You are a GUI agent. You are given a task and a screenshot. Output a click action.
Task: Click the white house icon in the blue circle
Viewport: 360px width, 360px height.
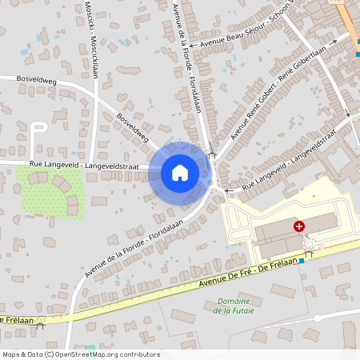(179, 172)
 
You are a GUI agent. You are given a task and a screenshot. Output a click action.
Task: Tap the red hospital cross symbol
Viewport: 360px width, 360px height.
(299, 227)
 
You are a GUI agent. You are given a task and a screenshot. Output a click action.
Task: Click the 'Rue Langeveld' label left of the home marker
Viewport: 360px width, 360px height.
(83, 165)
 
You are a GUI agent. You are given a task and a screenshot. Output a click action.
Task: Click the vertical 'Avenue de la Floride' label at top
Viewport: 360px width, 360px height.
(186, 60)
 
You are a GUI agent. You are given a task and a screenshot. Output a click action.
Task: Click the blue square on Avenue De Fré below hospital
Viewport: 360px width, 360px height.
(302, 261)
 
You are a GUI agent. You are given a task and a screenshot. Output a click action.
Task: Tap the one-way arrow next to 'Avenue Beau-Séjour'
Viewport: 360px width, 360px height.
(193, 50)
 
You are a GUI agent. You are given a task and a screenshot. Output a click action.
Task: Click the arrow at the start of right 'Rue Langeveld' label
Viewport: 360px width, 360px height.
(230, 190)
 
